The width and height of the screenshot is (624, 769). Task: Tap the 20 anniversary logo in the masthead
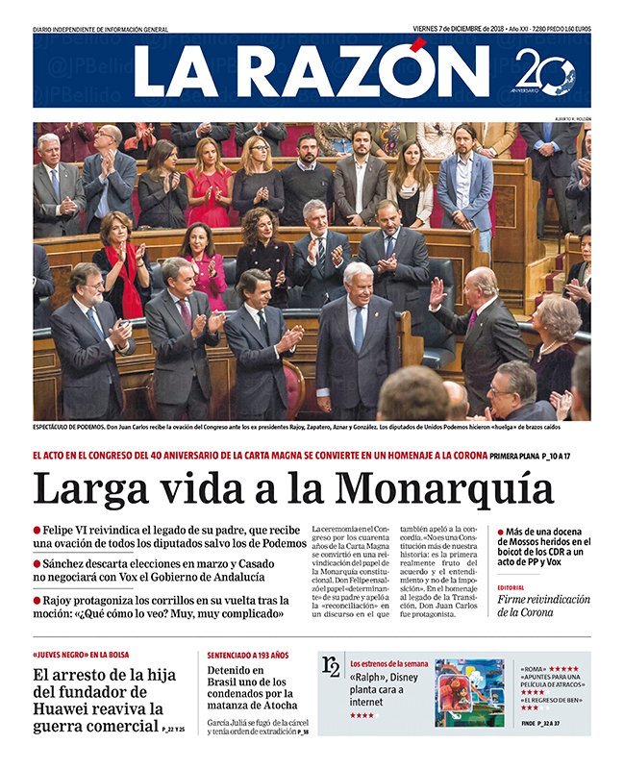tap(545, 72)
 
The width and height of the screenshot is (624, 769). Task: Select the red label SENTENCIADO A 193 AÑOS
tap(248, 655)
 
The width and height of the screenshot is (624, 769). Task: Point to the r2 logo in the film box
tap(331, 666)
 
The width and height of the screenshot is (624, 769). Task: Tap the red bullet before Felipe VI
tap(37, 529)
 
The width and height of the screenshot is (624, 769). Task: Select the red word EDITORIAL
tap(512, 586)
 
